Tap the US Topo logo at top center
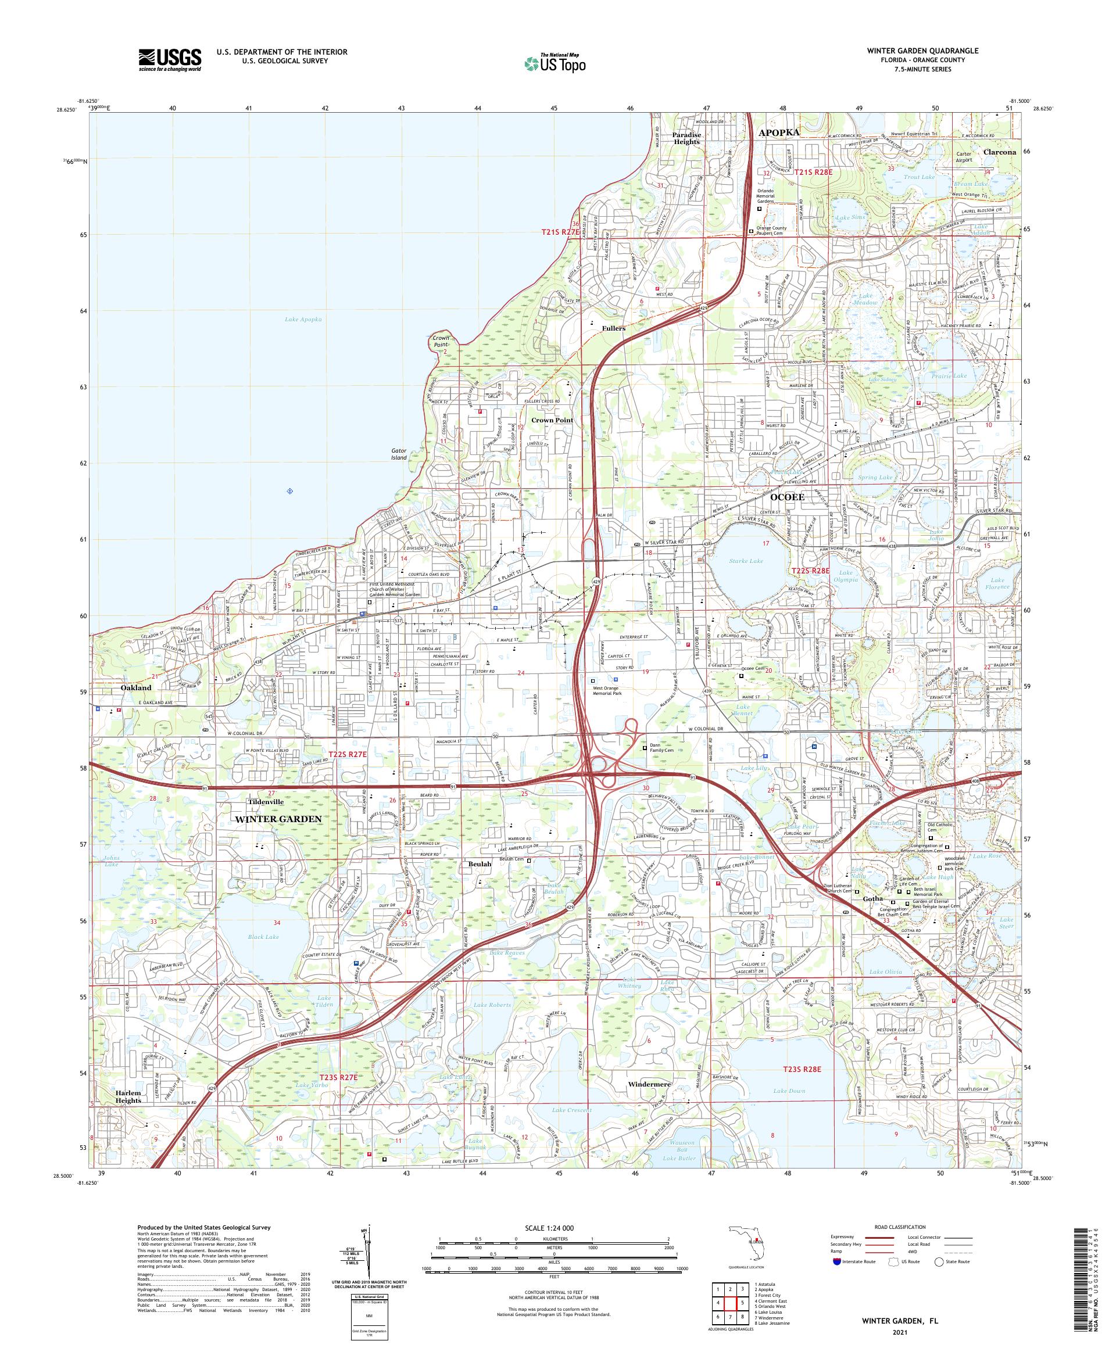556,63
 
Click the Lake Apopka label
302,319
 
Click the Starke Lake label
746,561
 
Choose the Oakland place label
136,687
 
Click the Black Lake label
263,937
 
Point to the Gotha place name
872,899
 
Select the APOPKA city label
779,132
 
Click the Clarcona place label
999,152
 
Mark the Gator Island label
399,454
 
